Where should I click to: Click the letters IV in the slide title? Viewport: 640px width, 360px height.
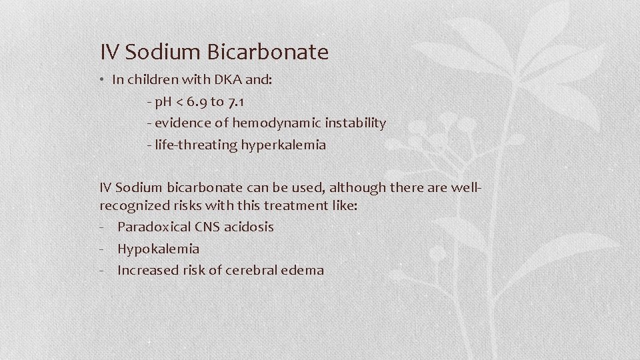[108, 51]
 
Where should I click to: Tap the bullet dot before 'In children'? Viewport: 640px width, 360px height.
[104, 80]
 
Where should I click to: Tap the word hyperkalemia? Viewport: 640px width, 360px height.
[283, 145]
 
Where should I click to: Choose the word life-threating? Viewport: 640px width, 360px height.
[195, 145]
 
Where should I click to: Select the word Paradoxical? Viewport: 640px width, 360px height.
[151, 227]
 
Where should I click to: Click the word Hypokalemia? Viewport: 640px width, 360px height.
[158, 249]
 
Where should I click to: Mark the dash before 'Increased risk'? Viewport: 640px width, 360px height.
[103, 271]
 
